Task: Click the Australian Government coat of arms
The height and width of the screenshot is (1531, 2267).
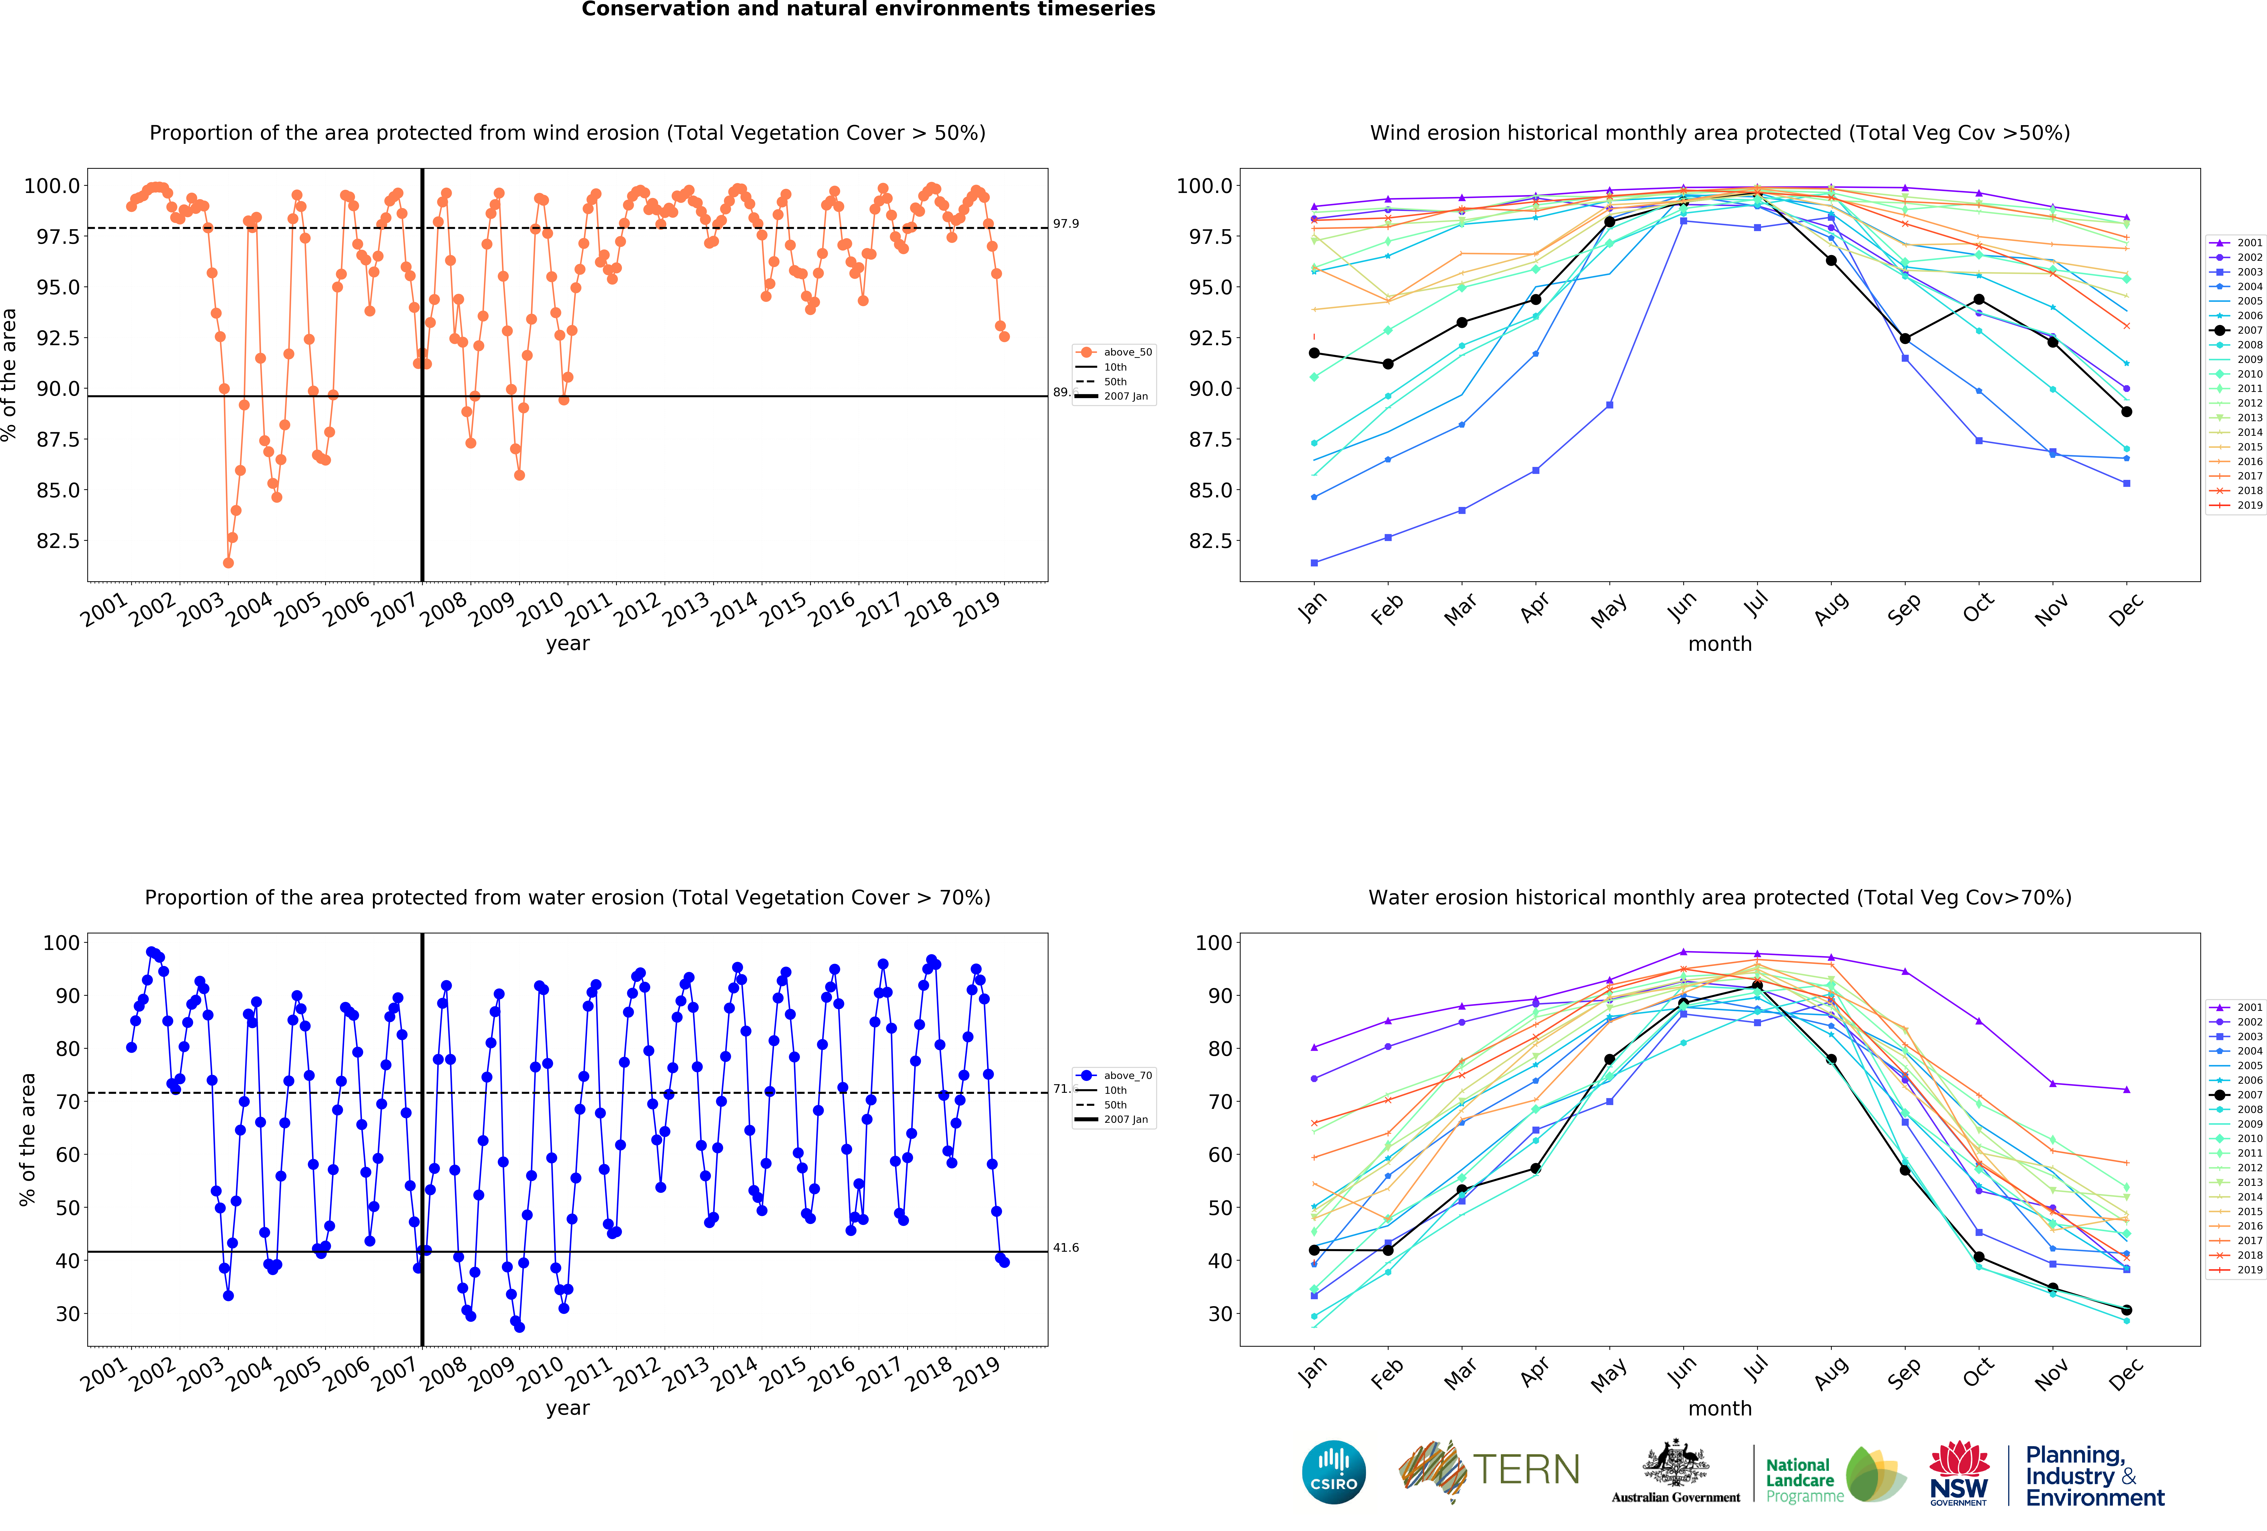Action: coord(1675,1463)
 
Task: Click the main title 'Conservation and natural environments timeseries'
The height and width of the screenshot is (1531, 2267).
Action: coord(868,10)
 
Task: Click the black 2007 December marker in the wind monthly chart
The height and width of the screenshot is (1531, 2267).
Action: coord(2126,412)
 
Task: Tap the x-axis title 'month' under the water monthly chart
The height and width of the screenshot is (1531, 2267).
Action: coord(1720,1408)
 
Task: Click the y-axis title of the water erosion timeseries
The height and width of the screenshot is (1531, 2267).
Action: coord(27,1139)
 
